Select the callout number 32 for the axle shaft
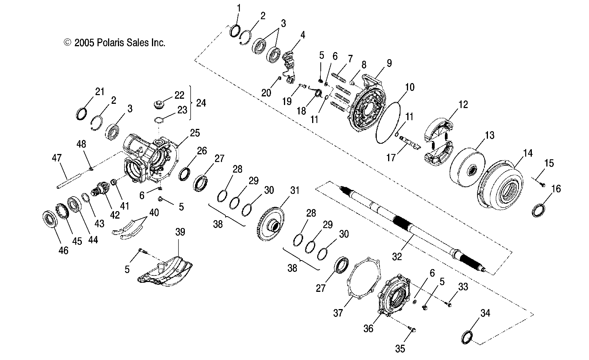pyautogui.click(x=397, y=257)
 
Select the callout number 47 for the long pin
pyautogui.click(x=57, y=158)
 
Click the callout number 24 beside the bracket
pyautogui.click(x=201, y=103)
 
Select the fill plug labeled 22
pyautogui.click(x=157, y=106)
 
